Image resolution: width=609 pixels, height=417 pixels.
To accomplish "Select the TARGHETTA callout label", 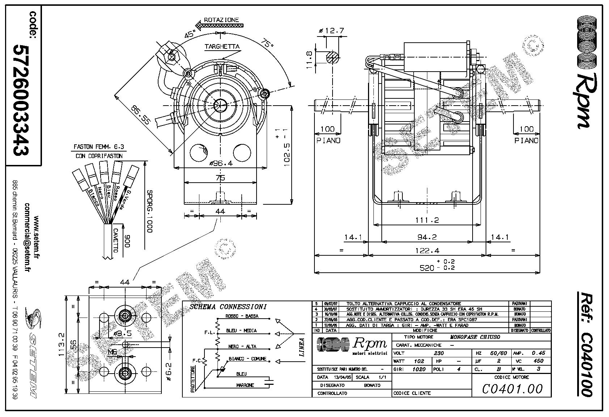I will pos(222,47).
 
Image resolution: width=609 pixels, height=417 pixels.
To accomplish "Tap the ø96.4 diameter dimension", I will pos(221,163).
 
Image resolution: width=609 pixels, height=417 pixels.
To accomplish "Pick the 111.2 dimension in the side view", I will pos(427,220).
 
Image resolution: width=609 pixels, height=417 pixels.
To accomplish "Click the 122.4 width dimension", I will pos(427,250).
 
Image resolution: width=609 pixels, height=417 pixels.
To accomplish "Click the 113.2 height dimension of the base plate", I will pos(62,345).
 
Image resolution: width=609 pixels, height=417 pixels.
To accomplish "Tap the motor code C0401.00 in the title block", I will pos(512,389).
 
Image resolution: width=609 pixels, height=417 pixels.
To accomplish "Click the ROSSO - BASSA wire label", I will pos(242,316).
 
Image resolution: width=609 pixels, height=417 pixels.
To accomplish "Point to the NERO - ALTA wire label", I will pos(242,346).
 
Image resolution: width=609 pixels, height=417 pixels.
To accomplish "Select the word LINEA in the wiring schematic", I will pos(301,348).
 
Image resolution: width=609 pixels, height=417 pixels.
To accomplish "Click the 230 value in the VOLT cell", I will pos(439,353).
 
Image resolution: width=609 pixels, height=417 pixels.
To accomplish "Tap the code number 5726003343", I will pos(21,100).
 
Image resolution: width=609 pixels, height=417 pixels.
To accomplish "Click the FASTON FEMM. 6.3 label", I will pos(99,147).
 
